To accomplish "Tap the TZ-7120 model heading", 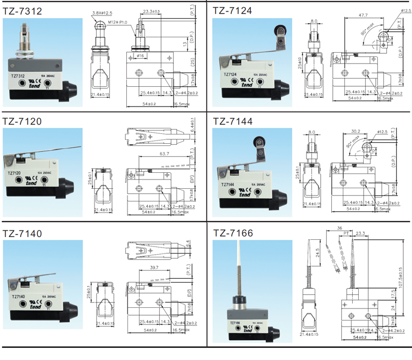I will click(24, 121).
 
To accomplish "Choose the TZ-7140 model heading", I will click(24, 234).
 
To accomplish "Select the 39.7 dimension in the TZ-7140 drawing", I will click(154, 267).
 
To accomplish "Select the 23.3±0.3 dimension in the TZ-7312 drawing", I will click(151, 12).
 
